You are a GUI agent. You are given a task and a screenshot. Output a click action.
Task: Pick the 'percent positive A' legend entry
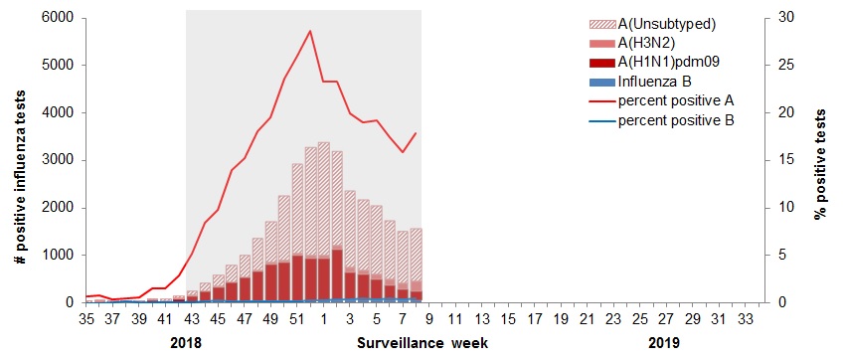(x=676, y=100)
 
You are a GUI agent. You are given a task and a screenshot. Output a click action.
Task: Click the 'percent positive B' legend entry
(x=676, y=120)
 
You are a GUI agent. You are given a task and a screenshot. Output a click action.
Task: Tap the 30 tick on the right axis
(x=784, y=18)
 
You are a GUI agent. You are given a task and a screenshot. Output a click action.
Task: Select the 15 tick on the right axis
(x=784, y=160)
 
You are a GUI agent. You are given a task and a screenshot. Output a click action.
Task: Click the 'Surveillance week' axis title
(x=422, y=343)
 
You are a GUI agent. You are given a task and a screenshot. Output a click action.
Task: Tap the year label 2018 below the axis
(x=186, y=343)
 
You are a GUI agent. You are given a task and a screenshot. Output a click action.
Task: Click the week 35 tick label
(x=86, y=319)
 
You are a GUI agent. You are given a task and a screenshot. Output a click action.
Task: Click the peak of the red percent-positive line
(x=310, y=31)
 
